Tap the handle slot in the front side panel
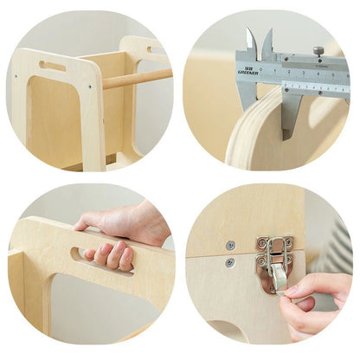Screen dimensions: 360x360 52,66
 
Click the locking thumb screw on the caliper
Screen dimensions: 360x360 318,52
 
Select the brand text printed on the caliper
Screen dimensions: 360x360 247,69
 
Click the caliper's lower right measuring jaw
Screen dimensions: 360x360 289,112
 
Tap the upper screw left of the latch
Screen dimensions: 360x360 229,245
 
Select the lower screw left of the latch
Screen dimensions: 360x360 229,262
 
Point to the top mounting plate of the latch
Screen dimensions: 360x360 274,244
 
